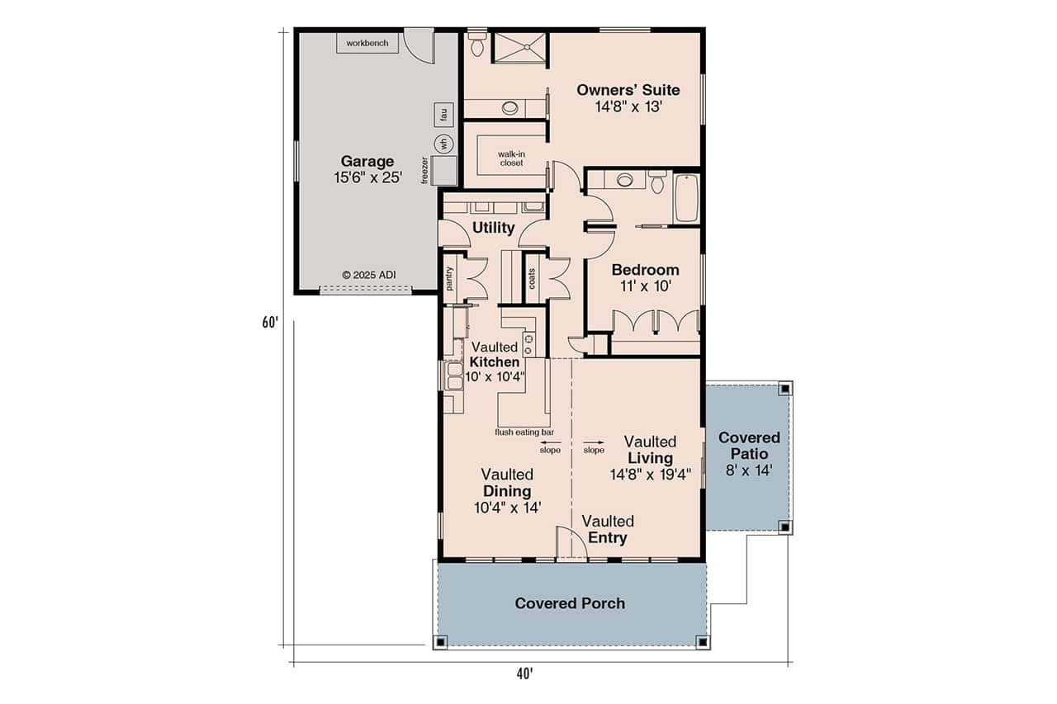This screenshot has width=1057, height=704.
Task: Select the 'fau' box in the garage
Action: [x=442, y=113]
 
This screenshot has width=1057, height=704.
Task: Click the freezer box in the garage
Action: [x=444, y=171]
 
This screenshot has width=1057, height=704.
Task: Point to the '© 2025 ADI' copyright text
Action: [x=369, y=274]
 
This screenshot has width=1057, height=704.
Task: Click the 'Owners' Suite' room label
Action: [x=628, y=89]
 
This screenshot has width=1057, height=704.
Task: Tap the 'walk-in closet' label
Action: [x=511, y=158]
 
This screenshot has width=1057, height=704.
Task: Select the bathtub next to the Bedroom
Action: [x=687, y=198]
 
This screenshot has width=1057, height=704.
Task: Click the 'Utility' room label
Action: [x=493, y=228]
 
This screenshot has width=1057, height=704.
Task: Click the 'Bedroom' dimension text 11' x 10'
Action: [x=645, y=287]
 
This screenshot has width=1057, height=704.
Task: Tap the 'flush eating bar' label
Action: [x=524, y=432]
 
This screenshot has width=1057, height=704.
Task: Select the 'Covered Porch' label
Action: [x=570, y=603]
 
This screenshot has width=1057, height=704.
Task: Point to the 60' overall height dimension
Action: [x=269, y=323]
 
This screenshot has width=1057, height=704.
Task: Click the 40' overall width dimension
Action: [x=524, y=673]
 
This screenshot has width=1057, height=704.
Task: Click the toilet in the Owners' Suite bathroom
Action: [x=477, y=45]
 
